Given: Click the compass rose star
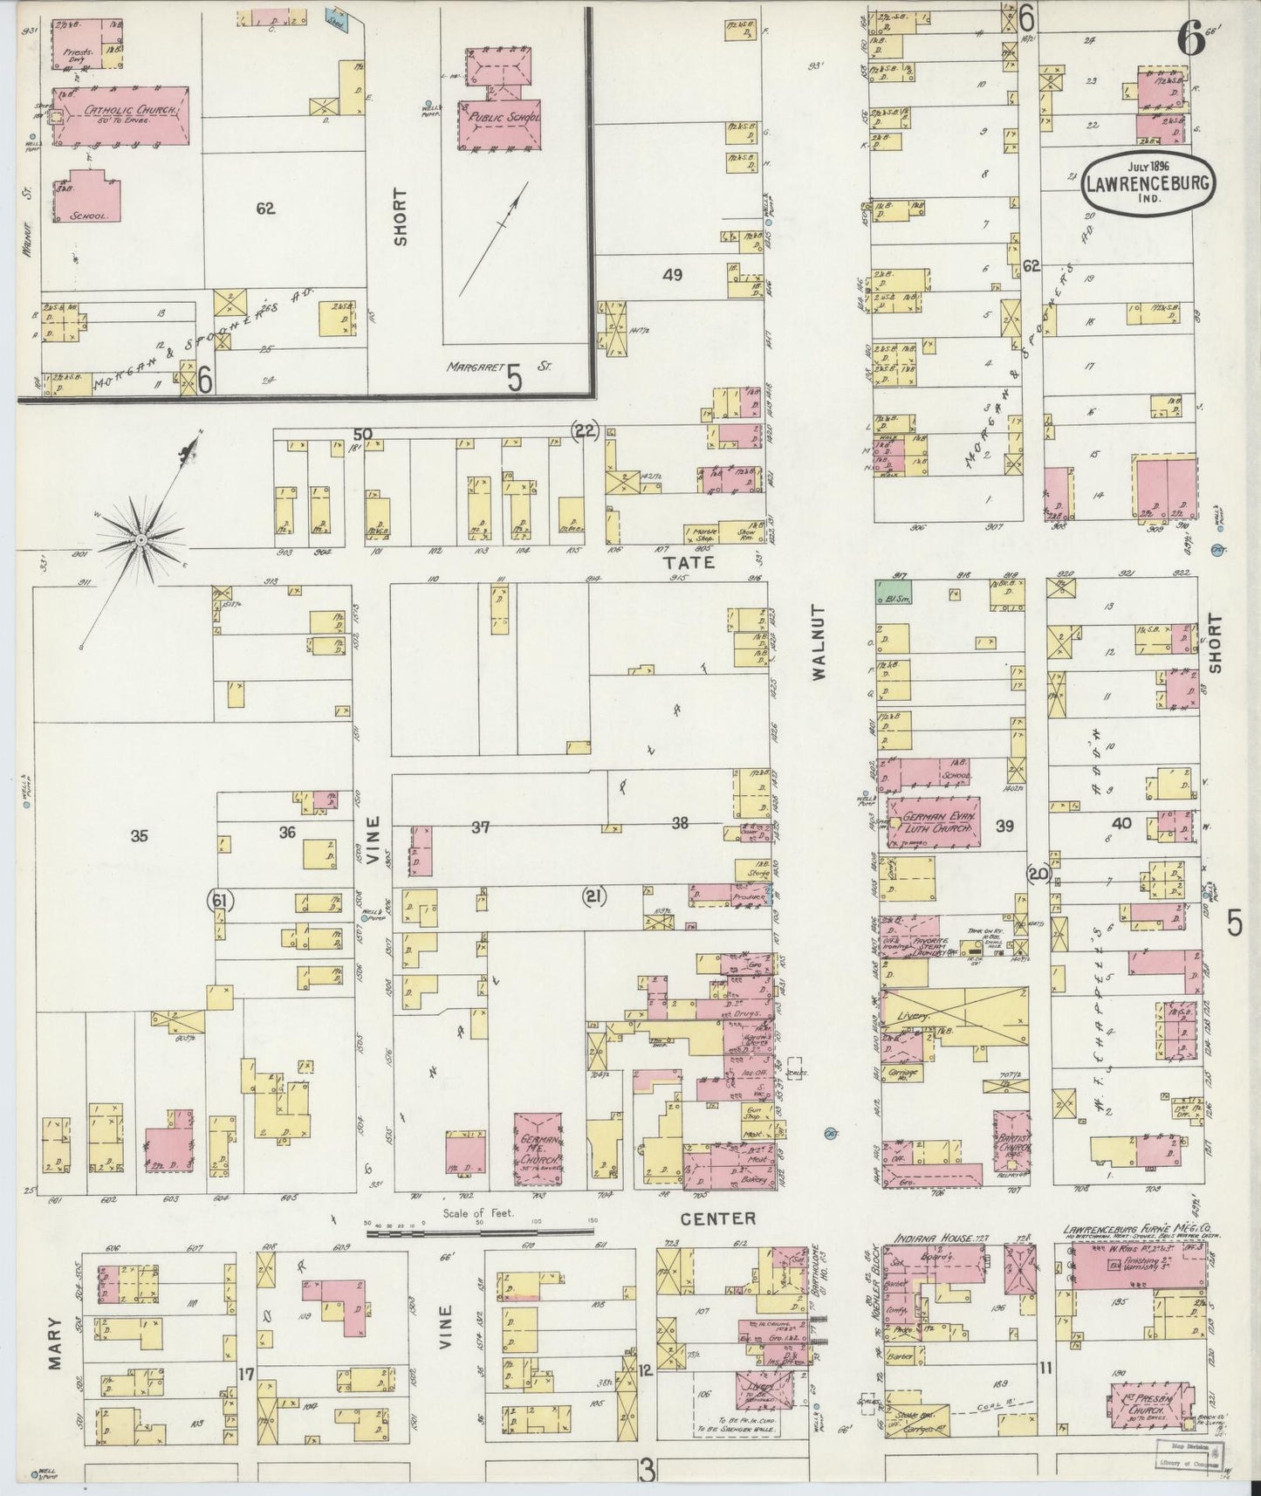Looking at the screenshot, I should click(140, 539).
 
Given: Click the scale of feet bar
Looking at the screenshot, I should click(479, 1233).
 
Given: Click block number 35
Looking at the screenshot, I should click(139, 836).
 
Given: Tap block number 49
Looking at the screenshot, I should click(671, 275).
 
